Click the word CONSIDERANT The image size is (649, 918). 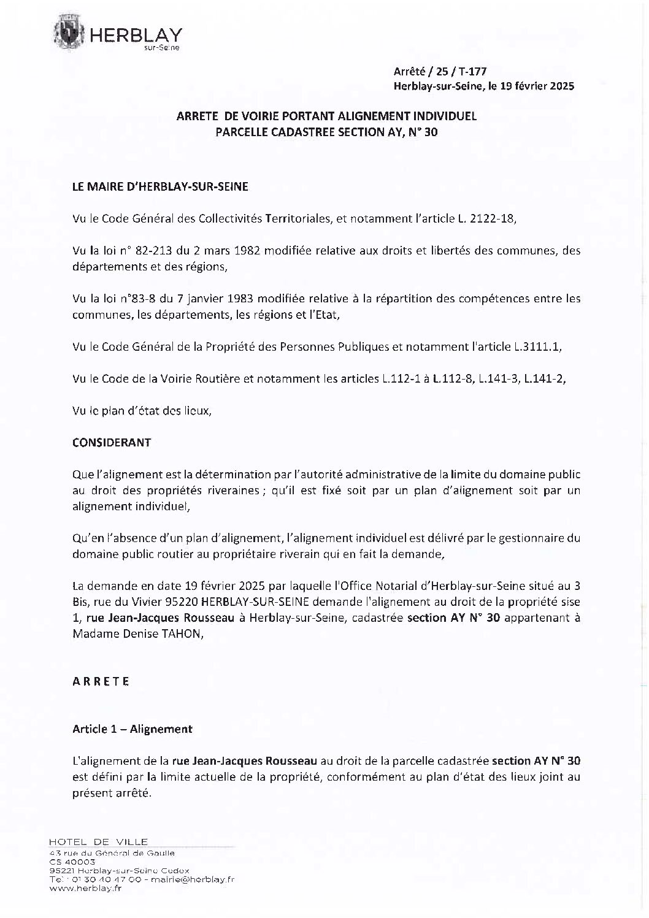[x=112, y=442]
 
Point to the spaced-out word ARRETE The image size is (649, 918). [x=101, y=681]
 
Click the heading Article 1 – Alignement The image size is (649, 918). [x=132, y=729]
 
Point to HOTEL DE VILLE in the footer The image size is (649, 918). [x=98, y=841]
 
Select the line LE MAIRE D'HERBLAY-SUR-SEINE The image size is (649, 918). [x=160, y=187]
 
